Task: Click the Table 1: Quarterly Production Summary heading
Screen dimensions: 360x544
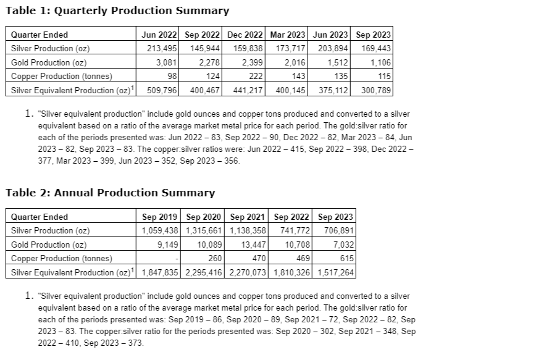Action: point(117,10)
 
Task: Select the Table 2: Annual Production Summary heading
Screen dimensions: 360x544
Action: point(110,193)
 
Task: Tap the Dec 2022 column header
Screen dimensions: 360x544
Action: point(245,35)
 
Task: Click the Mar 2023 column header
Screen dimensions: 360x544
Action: point(288,35)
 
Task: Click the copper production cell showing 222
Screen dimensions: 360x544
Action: point(257,76)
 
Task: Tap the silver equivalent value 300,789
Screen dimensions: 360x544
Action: point(376,90)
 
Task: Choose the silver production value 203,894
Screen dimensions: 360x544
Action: point(333,48)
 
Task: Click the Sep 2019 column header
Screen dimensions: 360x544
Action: point(160,217)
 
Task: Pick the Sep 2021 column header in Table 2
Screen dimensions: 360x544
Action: point(248,217)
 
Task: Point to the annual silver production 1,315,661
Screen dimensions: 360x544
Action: point(203,230)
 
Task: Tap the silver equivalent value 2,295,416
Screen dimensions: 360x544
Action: point(203,272)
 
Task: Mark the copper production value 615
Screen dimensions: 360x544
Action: point(346,258)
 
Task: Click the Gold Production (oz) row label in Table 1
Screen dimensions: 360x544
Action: point(49,62)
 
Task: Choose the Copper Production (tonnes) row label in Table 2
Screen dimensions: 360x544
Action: point(62,258)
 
